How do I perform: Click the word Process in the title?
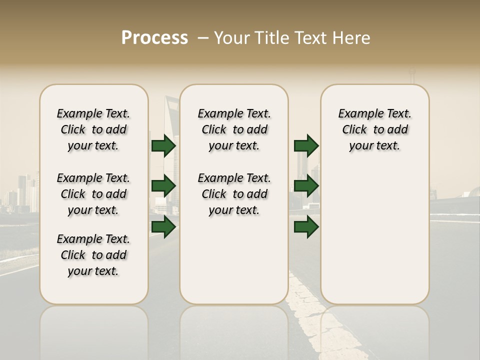[154, 38]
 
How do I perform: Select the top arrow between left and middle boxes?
[163, 146]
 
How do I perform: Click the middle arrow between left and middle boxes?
[163, 186]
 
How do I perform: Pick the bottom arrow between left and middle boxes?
[163, 227]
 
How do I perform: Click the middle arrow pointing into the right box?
[306, 186]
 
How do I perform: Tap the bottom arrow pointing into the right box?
[306, 227]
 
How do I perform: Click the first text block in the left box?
[93, 129]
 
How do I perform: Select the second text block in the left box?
[93, 194]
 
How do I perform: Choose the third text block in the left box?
[93, 255]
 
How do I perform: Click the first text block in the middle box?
[234, 129]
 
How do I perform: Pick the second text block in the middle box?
[234, 194]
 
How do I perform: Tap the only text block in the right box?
[374, 129]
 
